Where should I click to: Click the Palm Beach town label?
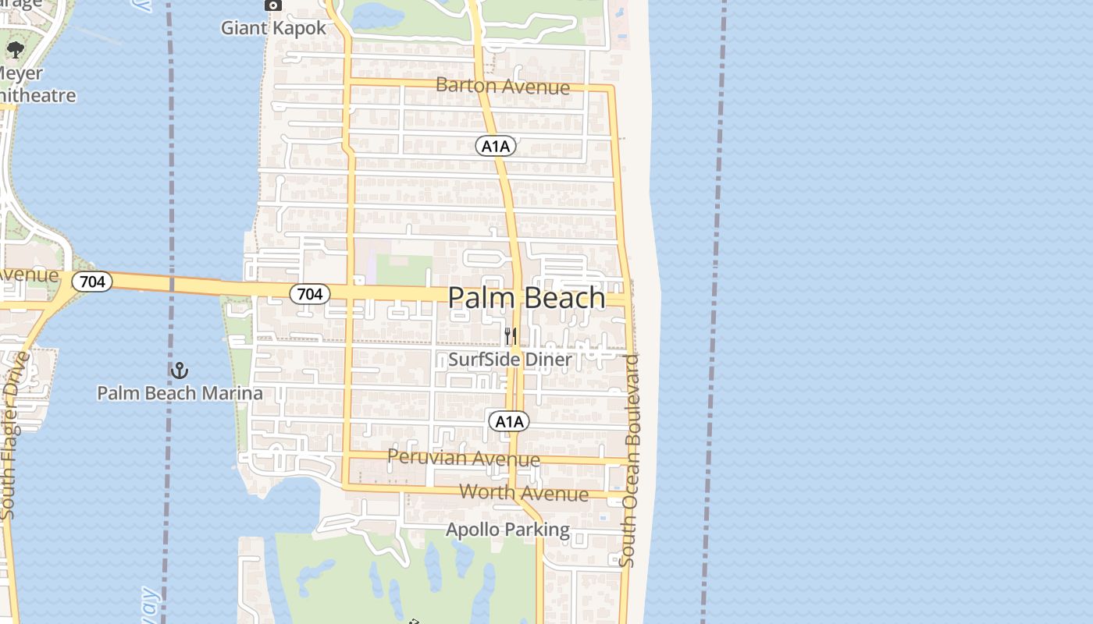click(526, 298)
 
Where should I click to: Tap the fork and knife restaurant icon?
click(511, 336)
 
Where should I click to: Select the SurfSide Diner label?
click(510, 360)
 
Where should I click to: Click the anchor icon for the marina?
click(180, 370)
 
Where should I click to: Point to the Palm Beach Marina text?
click(180, 392)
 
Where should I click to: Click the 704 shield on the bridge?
click(92, 281)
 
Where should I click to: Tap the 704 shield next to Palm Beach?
click(310, 294)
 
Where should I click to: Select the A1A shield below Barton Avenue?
click(496, 146)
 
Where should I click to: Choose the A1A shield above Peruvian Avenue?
click(509, 422)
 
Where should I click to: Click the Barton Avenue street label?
click(502, 86)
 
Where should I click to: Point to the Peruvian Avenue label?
click(463, 458)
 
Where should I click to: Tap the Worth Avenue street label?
click(524, 492)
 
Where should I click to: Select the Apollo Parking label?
click(507, 530)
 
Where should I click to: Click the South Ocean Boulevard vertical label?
click(629, 460)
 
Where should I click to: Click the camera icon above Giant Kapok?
click(272, 5)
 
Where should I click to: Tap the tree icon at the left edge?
click(15, 51)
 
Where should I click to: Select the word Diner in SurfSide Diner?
click(549, 360)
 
